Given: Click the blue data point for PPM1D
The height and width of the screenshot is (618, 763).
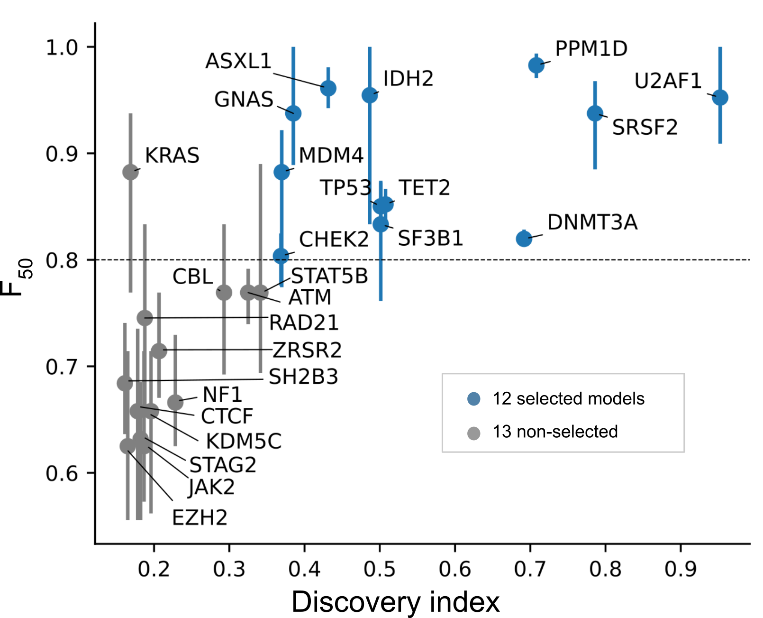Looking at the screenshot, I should point(536,65).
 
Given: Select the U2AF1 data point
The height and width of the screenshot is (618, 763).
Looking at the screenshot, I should point(720,98).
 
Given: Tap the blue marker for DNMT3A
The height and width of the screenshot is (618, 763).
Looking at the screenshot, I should point(524,239).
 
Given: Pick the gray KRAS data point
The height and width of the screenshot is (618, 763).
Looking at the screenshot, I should point(130,172).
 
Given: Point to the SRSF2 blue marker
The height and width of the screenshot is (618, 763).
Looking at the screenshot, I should point(595,113).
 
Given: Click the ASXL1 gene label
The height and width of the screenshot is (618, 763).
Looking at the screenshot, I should point(238,61).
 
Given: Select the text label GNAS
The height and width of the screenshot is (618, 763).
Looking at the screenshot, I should point(244,100).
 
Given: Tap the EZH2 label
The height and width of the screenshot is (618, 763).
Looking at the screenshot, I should point(200,517).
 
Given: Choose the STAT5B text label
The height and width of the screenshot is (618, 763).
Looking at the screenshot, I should point(329,276).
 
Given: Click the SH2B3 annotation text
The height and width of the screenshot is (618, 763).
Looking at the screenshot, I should point(303,377).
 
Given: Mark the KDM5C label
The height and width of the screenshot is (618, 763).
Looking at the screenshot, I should point(244,441).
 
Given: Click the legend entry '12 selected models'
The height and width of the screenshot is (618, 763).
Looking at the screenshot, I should point(568,399).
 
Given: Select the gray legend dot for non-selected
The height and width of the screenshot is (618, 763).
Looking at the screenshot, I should point(473,433).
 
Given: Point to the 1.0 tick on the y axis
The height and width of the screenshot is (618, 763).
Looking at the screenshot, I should point(62,47).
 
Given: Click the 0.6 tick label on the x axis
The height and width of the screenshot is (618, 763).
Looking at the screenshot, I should point(454,569).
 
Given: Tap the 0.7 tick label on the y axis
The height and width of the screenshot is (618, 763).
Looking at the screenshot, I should point(62,367).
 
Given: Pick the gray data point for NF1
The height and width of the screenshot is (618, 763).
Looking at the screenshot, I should point(175,402).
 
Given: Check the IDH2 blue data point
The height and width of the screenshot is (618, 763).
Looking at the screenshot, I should point(370,95).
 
